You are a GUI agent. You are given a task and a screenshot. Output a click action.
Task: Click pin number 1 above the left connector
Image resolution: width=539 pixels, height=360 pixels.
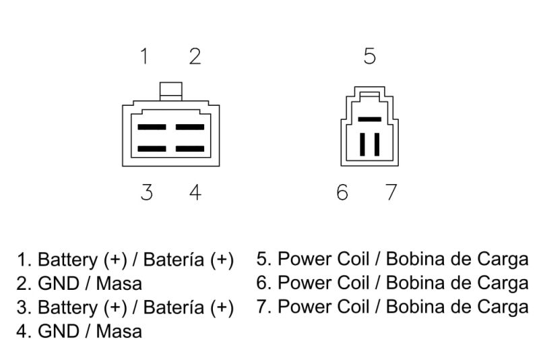click(x=145, y=56)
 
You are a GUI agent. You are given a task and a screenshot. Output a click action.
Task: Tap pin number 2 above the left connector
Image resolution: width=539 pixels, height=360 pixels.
click(x=195, y=57)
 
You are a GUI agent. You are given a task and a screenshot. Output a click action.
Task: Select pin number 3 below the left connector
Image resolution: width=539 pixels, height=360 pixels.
click(x=147, y=192)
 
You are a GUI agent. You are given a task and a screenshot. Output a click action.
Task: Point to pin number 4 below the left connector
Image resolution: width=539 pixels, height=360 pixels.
click(x=195, y=192)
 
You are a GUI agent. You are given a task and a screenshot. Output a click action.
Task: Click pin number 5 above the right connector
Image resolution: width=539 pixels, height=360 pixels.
click(x=370, y=56)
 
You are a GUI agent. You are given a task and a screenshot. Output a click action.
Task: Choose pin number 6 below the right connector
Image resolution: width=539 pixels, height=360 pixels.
click(x=342, y=192)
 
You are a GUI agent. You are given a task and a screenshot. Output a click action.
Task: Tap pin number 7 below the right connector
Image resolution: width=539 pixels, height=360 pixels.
click(x=391, y=192)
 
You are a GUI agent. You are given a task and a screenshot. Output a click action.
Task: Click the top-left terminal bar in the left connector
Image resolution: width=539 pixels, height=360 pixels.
click(x=152, y=127)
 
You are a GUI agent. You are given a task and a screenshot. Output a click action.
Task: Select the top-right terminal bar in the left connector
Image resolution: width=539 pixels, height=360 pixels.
click(x=190, y=127)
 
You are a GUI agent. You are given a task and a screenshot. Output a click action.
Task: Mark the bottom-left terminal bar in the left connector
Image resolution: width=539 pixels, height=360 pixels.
click(x=152, y=149)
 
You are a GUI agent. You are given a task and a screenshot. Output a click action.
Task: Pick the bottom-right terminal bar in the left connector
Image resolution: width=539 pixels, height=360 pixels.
click(x=190, y=149)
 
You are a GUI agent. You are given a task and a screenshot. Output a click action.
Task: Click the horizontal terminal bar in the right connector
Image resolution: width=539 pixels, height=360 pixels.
click(x=370, y=119)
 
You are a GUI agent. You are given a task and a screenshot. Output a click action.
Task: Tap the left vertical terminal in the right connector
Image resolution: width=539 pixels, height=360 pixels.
click(x=362, y=144)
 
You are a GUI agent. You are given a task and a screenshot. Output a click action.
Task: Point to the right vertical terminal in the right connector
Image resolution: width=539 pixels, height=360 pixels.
click(x=377, y=144)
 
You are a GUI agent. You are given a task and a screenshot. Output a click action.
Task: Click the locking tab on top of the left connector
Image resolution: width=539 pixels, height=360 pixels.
click(x=171, y=92)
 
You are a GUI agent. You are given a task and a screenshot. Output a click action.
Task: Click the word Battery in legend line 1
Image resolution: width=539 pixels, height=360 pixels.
click(x=68, y=260)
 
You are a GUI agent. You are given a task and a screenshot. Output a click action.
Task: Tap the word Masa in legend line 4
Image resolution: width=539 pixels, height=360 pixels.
click(x=119, y=332)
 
